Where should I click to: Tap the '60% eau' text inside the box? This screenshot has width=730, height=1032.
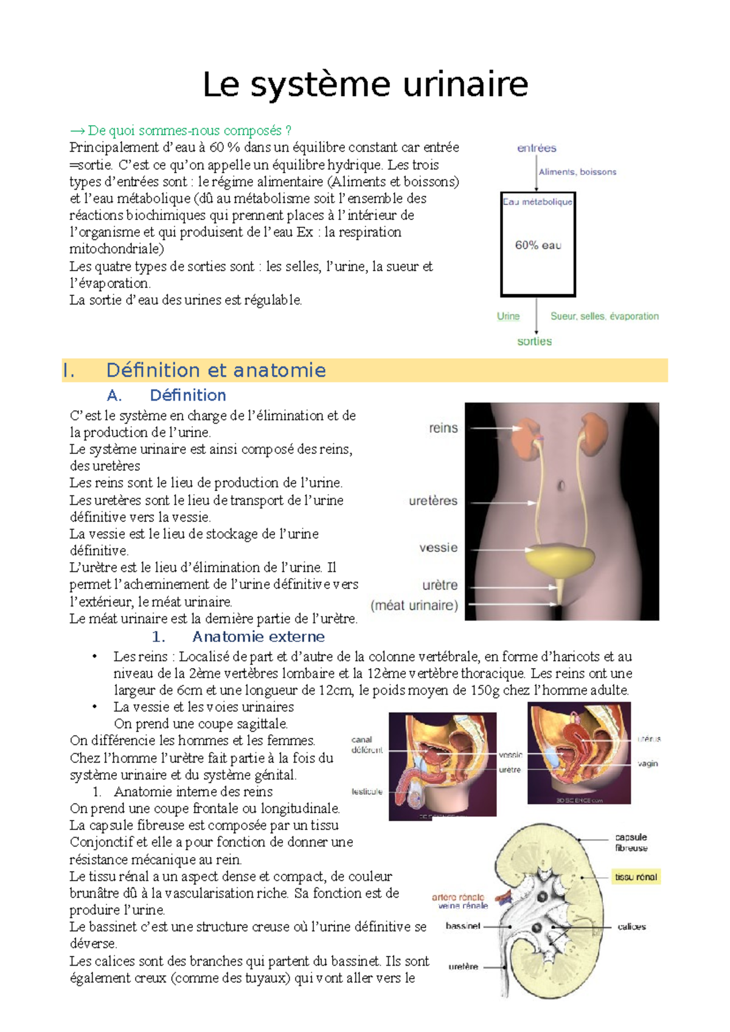pyautogui.click(x=538, y=246)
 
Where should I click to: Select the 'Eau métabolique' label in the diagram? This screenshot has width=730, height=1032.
pyautogui.click(x=537, y=202)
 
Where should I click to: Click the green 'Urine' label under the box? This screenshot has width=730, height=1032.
pyautogui.click(x=508, y=316)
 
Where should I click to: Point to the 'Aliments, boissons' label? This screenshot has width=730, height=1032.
pyautogui.click(x=577, y=172)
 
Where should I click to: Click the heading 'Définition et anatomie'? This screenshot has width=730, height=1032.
pyautogui.click(x=216, y=370)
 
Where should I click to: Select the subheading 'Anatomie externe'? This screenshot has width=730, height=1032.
pyautogui.click(x=258, y=636)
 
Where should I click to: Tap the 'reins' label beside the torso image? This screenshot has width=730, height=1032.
pyautogui.click(x=443, y=428)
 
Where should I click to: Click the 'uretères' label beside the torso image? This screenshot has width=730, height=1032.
pyautogui.click(x=433, y=501)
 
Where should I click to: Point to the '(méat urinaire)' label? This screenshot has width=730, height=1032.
pyautogui.click(x=414, y=605)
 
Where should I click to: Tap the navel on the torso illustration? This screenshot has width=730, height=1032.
pyautogui.click(x=561, y=486)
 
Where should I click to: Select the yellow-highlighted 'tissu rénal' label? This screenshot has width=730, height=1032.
pyautogui.click(x=635, y=877)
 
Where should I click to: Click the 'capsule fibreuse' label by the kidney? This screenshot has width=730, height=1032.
pyautogui.click(x=631, y=842)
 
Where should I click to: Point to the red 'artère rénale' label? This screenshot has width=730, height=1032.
pyautogui.click(x=457, y=896)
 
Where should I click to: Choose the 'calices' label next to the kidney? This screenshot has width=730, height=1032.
pyautogui.click(x=631, y=926)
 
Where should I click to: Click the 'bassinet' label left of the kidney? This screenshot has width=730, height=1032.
pyautogui.click(x=462, y=926)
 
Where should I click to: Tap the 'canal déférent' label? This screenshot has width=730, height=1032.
pyautogui.click(x=366, y=745)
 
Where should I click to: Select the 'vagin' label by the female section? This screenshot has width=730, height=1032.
pyautogui.click(x=647, y=763)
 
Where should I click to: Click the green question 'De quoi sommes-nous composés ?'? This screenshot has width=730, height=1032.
pyautogui.click(x=181, y=131)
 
